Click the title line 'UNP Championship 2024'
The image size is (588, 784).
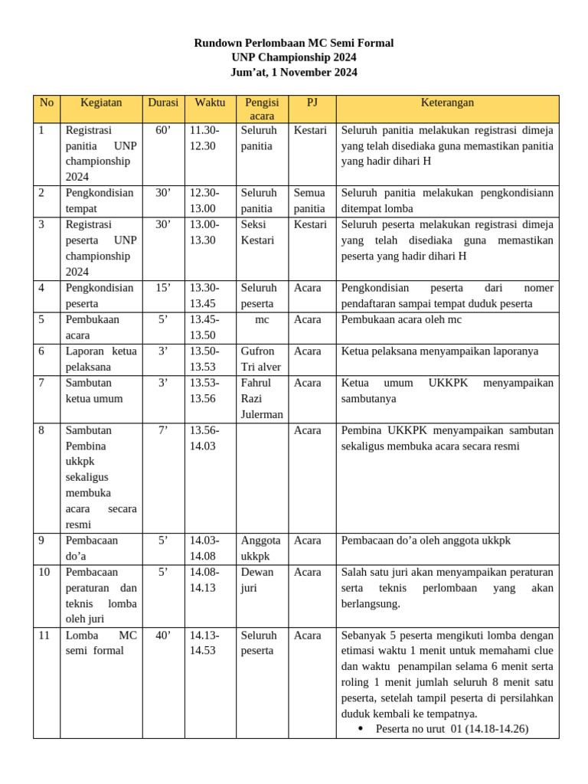(294, 57)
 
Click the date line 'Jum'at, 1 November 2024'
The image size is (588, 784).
(294, 73)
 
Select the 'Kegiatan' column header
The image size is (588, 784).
(101, 103)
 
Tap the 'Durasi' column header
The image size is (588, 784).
(162, 103)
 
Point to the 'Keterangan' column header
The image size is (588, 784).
(447, 103)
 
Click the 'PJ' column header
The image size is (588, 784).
(312, 103)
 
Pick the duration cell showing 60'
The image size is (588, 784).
(162, 131)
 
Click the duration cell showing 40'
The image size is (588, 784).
(162, 635)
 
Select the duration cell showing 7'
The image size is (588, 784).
(162, 430)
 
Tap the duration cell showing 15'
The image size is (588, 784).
(162, 288)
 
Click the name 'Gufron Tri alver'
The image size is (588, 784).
(260, 359)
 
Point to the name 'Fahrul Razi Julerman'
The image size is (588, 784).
(261, 398)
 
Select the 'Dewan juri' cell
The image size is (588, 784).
(257, 580)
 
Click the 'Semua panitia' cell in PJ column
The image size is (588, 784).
(310, 201)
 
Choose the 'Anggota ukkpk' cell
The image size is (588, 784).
(260, 548)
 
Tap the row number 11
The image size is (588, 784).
(44, 635)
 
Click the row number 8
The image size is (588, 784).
(41, 430)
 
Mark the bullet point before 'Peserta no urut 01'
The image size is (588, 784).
(361, 729)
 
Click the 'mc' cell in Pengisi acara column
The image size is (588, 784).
(262, 319)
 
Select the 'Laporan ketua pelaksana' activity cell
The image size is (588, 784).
(101, 359)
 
